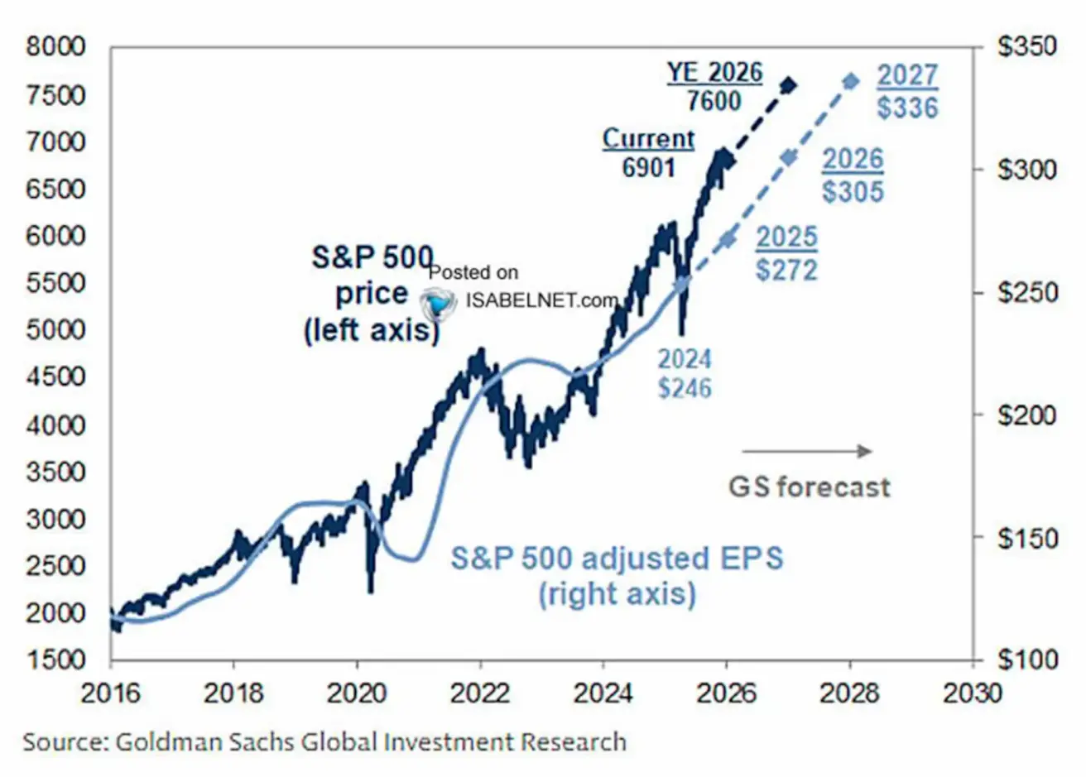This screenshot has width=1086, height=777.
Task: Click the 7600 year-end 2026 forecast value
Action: point(714,101)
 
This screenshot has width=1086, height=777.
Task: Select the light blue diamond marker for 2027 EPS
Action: point(851,81)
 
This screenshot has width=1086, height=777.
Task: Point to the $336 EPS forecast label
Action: point(908,108)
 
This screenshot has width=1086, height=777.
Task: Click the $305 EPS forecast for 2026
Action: point(853,191)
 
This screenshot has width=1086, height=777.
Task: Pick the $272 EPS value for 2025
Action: point(786,270)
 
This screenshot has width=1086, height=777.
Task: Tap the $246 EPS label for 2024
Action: point(685,387)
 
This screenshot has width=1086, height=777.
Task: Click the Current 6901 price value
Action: point(649,168)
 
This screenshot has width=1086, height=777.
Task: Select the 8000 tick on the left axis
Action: point(56,47)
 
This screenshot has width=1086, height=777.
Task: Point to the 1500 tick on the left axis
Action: point(56,659)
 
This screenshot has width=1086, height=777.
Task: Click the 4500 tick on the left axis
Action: point(56,377)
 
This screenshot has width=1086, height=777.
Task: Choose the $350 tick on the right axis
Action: point(1026,47)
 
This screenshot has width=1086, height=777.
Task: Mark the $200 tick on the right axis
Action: point(1026,415)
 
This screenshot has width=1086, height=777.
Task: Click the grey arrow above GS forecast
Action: point(806,451)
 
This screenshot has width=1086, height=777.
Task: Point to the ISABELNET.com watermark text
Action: point(541,300)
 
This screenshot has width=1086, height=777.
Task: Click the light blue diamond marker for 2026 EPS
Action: point(789,158)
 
